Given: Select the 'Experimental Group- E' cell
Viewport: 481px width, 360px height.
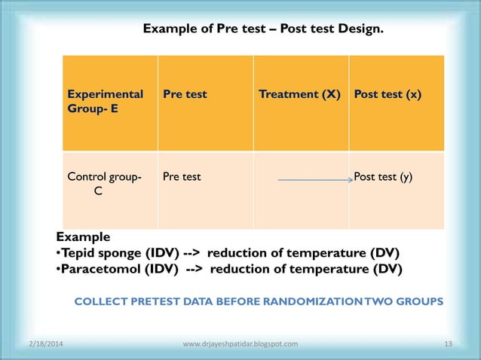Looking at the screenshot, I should coord(106,102).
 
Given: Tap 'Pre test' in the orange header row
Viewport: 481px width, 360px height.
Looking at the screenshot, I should coord(185,95).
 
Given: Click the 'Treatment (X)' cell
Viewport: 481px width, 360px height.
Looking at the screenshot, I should coord(299,95).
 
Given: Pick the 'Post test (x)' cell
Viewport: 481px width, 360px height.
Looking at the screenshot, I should coord(388,95).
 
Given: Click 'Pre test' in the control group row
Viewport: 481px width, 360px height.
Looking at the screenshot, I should coord(182,177).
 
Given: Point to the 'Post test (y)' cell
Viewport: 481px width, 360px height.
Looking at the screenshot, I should coord(384,177).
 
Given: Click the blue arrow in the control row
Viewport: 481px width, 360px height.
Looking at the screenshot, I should coord(315,180).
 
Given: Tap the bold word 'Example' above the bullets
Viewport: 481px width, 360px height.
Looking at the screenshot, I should coord(83,236).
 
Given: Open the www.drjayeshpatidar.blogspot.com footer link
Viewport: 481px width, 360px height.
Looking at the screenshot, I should coord(240,344).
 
